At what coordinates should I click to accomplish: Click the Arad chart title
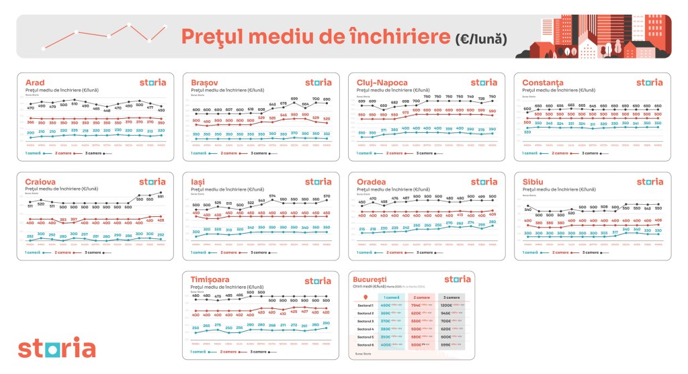click(35, 83)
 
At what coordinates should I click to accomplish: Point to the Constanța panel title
click(544, 83)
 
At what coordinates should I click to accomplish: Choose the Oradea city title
click(372, 181)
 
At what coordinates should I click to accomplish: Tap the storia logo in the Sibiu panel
click(649, 181)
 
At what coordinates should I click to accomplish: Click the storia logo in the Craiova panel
click(152, 181)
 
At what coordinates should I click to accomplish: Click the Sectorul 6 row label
click(365, 344)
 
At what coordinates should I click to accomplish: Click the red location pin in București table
click(365, 296)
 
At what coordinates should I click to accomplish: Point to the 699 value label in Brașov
click(294, 99)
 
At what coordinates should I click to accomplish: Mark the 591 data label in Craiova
click(161, 196)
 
